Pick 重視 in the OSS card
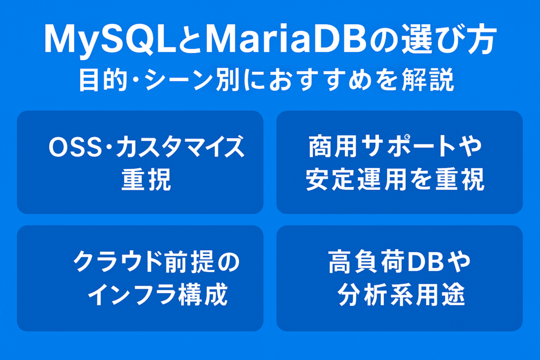(x=147, y=179)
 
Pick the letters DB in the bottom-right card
(x=426, y=262)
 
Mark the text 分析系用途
(x=401, y=295)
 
